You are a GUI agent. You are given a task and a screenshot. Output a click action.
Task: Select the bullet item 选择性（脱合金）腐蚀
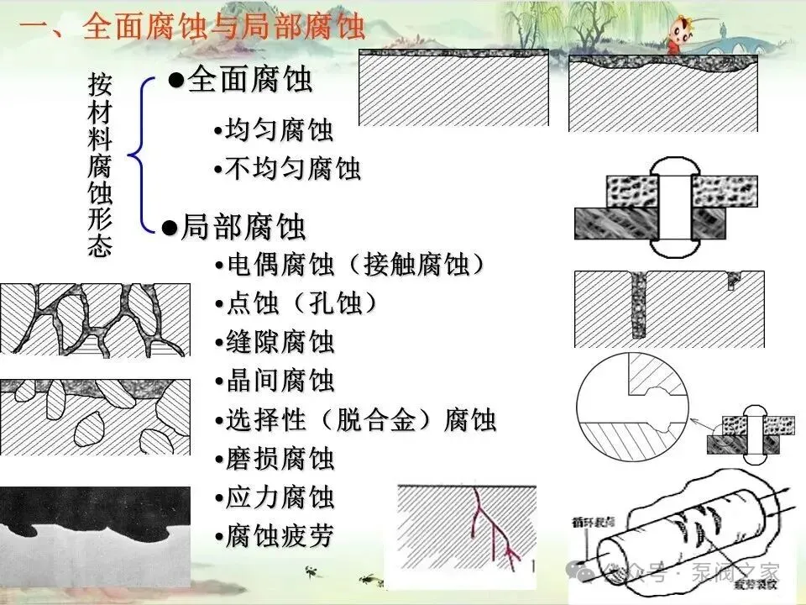click(360, 420)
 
